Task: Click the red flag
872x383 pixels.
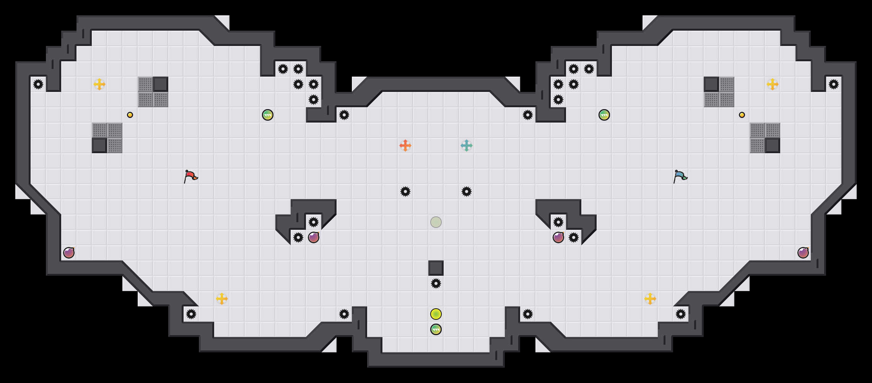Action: (x=190, y=176)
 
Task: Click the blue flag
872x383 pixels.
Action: (x=680, y=176)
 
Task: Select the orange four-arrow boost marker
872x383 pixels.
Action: (x=405, y=146)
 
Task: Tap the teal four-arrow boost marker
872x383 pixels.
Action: (x=467, y=146)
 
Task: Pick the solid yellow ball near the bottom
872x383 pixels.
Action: (x=436, y=314)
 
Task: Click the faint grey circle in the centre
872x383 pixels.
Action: (x=436, y=222)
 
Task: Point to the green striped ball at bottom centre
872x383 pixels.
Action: (x=436, y=329)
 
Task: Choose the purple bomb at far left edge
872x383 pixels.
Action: (x=69, y=253)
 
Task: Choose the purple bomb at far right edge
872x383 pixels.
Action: (x=803, y=253)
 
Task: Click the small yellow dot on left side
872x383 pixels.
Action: (x=130, y=115)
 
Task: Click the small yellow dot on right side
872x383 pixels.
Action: (x=742, y=115)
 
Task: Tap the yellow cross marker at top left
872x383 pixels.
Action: (x=99, y=84)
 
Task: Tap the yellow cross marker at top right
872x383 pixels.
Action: (x=773, y=84)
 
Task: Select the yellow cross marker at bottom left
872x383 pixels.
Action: (x=222, y=299)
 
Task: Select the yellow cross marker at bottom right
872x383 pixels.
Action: (x=650, y=299)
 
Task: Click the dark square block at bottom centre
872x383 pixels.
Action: (x=436, y=268)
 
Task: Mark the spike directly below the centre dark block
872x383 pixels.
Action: (x=436, y=283)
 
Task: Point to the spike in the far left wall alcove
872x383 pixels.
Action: (x=38, y=84)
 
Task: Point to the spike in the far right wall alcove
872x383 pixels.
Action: (x=834, y=84)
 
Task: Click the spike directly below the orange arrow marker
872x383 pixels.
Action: (x=405, y=191)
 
